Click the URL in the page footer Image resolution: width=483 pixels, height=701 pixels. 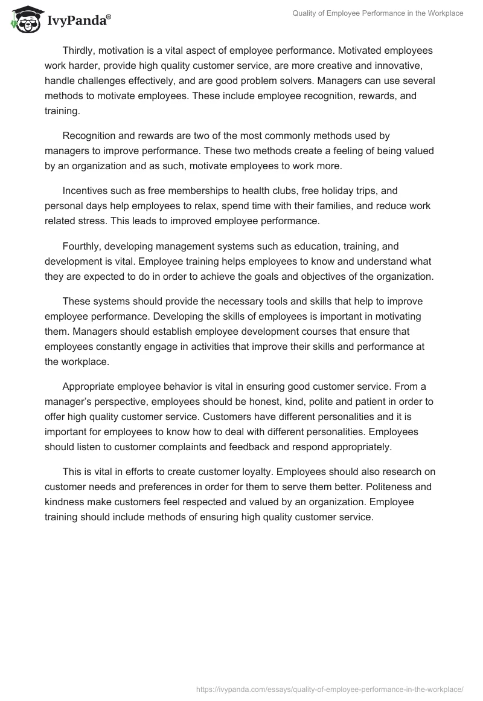(x=331, y=688)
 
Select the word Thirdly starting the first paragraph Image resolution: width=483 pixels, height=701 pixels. (x=81, y=51)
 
